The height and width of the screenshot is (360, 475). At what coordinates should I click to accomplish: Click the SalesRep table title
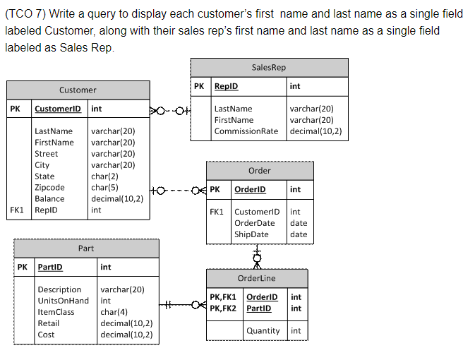(268, 67)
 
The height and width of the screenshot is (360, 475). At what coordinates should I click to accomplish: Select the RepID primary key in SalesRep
(226, 86)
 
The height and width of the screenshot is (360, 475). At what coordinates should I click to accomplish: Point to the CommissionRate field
(246, 131)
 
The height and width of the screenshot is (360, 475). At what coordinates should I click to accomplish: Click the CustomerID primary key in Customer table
(57, 109)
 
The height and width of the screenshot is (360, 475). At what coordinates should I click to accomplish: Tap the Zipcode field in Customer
(49, 187)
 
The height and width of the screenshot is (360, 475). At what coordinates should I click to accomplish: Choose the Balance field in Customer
(49, 198)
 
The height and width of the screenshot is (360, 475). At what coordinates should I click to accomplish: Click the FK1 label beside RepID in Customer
(18, 210)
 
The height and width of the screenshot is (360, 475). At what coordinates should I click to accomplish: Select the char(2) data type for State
(104, 176)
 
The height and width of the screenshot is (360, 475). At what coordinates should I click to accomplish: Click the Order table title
(259, 170)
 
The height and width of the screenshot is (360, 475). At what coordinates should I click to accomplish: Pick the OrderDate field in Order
(254, 223)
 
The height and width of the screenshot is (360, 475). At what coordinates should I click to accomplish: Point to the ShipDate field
(251, 234)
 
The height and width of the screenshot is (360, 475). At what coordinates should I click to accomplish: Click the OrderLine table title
(256, 278)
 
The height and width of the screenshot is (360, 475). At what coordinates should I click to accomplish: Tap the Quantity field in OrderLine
(263, 330)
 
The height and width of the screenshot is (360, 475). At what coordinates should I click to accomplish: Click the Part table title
(85, 248)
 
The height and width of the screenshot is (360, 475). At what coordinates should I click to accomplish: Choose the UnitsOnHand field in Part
(63, 301)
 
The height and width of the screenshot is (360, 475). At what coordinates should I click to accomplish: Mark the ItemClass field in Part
(56, 312)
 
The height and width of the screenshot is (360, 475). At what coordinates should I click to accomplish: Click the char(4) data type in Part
(114, 312)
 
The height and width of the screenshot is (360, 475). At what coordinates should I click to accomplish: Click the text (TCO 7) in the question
(23, 14)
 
